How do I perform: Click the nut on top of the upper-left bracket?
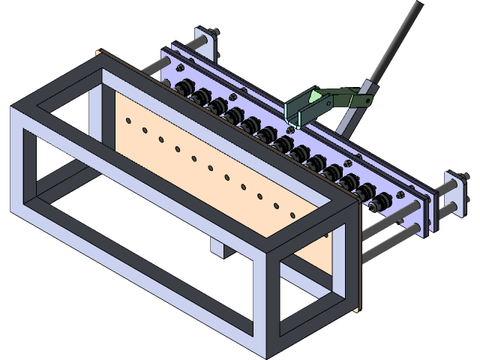[x=216, y=31]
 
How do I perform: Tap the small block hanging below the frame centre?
[x=218, y=247]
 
